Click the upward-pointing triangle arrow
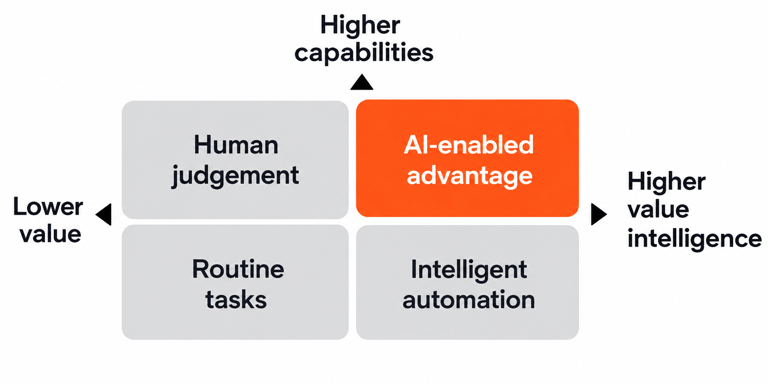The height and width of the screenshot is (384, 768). click(361, 83)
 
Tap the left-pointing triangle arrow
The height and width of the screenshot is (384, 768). click(104, 214)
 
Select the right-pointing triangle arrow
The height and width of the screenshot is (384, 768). click(598, 214)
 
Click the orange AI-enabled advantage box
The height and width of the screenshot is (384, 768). click(467, 158)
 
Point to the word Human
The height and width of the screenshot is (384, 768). click(236, 145)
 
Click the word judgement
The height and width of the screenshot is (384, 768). click(236, 176)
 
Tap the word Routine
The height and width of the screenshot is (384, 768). click(238, 269)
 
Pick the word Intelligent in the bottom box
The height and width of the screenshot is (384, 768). click(469, 270)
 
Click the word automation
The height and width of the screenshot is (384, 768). click(469, 300)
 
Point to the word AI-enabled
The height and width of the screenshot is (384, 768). click(469, 145)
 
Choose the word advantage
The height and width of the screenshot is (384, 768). click(470, 176)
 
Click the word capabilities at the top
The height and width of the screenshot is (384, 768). click(364, 53)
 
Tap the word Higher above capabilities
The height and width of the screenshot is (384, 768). click(360, 25)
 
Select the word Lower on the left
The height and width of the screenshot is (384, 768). click(48, 207)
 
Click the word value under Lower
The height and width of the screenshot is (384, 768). click(50, 234)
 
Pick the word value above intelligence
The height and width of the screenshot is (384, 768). click(658, 210)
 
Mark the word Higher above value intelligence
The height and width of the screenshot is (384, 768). click(667, 182)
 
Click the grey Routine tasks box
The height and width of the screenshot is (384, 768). click(235, 282)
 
